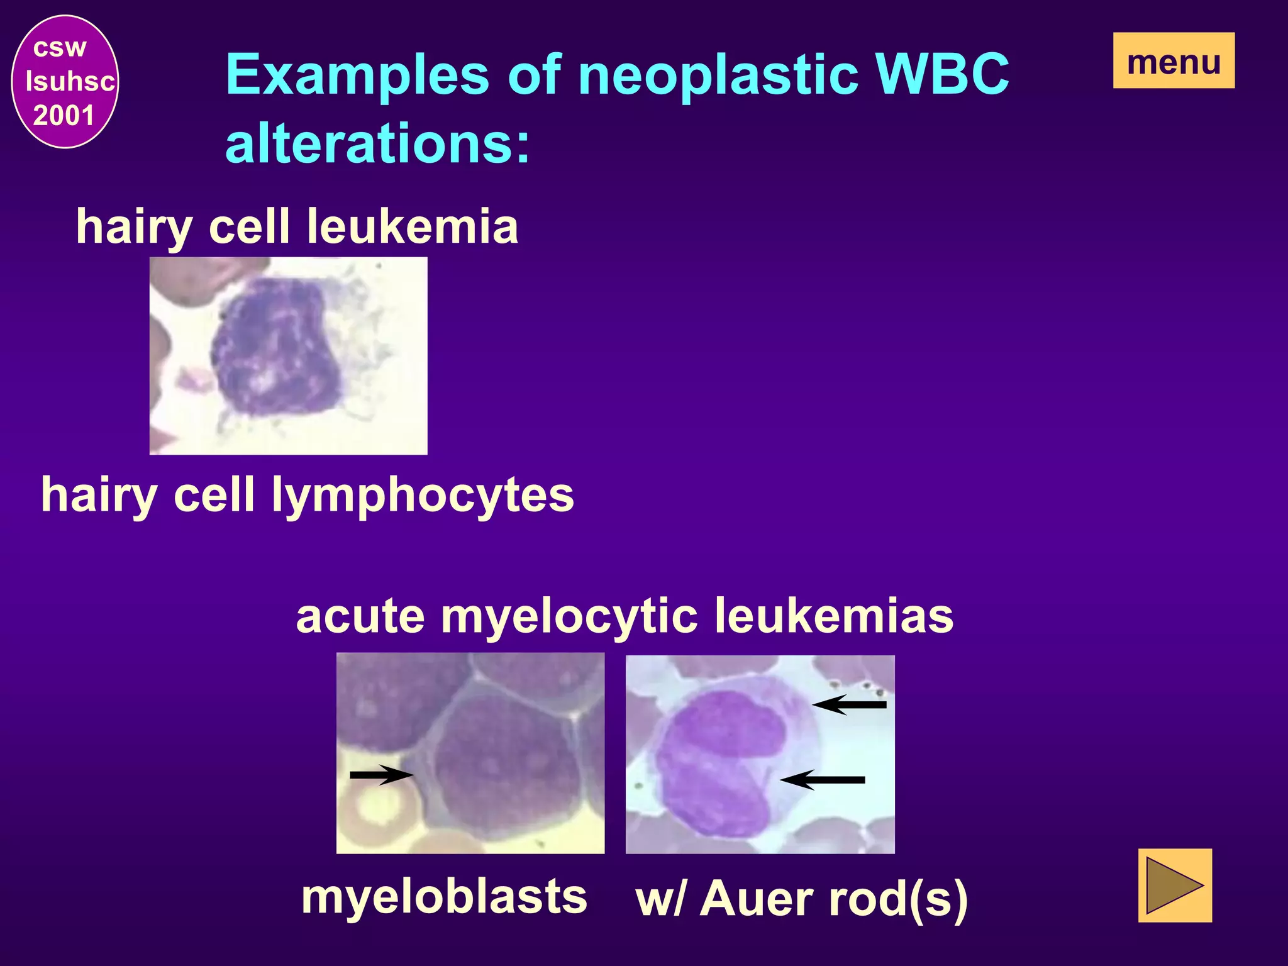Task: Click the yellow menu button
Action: coord(1174,61)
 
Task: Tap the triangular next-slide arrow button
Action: coord(1174,885)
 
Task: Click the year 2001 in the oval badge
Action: coord(64,116)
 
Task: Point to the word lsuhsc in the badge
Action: coord(70,82)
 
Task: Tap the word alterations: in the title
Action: coord(377,143)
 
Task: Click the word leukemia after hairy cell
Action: coord(413,226)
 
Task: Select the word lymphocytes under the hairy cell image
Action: coord(422,495)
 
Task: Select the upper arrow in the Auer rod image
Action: coord(850,705)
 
